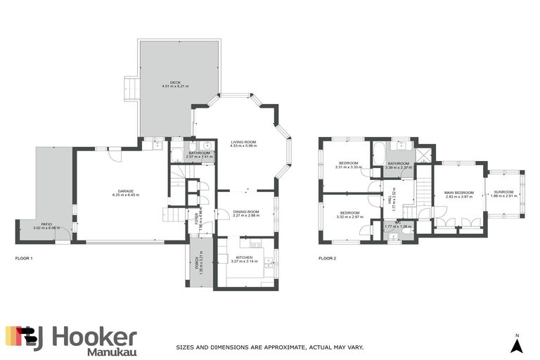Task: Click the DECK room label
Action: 166,82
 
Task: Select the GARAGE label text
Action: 127,190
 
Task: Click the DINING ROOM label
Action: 245,212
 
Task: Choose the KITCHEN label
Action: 245,258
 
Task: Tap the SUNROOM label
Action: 503,192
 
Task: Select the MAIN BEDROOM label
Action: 458,192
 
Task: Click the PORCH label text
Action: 197,264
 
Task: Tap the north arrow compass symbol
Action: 517,344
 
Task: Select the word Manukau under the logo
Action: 111,352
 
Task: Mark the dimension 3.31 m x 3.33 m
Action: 349,167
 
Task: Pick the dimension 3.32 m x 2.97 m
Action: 349,217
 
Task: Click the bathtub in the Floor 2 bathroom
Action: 378,152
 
